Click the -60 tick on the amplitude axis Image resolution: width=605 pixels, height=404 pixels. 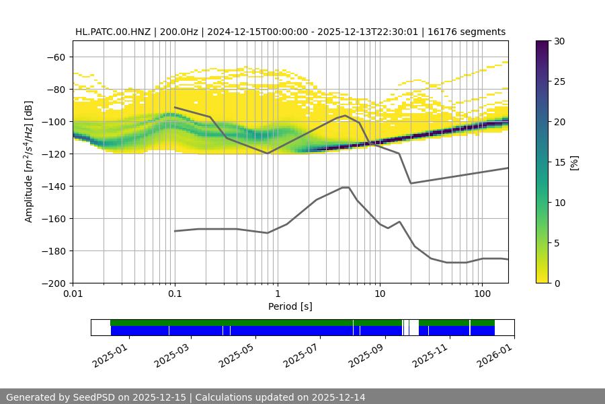tap(56, 57)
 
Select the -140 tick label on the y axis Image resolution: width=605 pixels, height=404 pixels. tap(54, 186)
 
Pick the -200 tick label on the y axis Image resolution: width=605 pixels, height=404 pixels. tap(54, 283)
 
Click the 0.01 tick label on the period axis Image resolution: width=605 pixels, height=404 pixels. tap(73, 294)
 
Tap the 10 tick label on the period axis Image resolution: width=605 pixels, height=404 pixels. tap(380, 294)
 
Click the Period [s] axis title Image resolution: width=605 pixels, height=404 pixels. tap(290, 306)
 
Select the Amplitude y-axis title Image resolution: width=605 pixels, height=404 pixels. tap(29, 162)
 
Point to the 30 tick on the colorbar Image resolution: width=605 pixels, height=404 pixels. tap(560, 41)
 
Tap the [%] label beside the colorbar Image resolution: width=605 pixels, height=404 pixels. tap(573, 162)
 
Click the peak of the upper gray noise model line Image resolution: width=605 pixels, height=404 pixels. tap(346, 115)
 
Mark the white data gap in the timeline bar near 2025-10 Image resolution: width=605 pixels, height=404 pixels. tap(413, 327)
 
